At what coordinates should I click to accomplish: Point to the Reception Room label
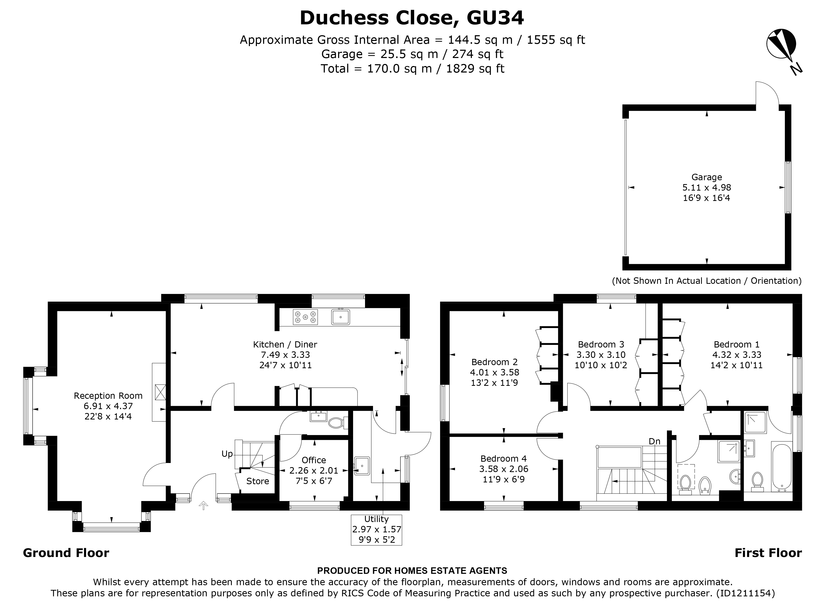(x=108, y=396)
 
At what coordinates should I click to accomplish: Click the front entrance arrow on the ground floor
(x=203, y=505)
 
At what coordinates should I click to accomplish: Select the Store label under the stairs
(x=258, y=481)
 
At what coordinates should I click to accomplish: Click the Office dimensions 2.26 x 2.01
(x=314, y=471)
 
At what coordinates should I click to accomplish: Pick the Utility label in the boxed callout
(x=376, y=519)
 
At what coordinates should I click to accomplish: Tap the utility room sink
(x=362, y=466)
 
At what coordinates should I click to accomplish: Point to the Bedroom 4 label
(x=503, y=459)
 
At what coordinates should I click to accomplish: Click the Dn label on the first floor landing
(x=655, y=441)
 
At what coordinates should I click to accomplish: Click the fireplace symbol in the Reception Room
(x=160, y=392)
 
